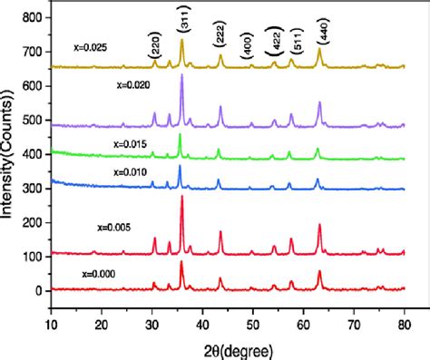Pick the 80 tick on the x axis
click(404, 322)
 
